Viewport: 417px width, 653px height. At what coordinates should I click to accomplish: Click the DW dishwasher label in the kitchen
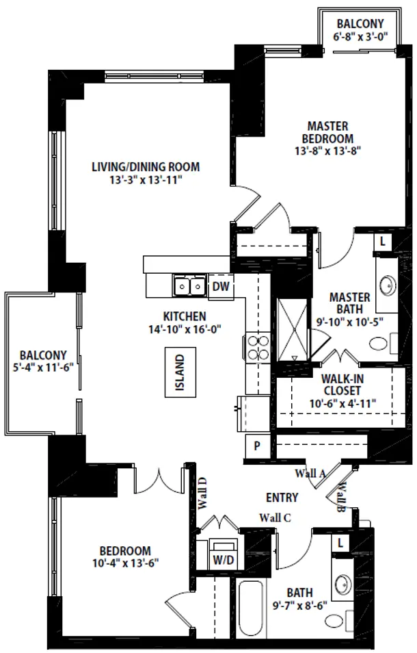coord(219,286)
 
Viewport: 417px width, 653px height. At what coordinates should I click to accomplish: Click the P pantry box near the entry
coord(257,445)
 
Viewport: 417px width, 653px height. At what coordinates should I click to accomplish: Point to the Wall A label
coord(310,473)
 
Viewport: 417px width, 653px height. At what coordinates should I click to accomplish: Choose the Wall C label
coord(275,518)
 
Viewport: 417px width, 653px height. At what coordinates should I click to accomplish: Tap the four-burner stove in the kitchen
coord(256,347)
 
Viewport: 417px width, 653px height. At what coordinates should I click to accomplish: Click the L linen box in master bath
coord(383,242)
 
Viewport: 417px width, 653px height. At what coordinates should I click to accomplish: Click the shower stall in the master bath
coord(293,331)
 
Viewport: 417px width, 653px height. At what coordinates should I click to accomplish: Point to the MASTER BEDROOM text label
coord(327,132)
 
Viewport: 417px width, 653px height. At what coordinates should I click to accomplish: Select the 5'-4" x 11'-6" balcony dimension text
coord(43,366)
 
